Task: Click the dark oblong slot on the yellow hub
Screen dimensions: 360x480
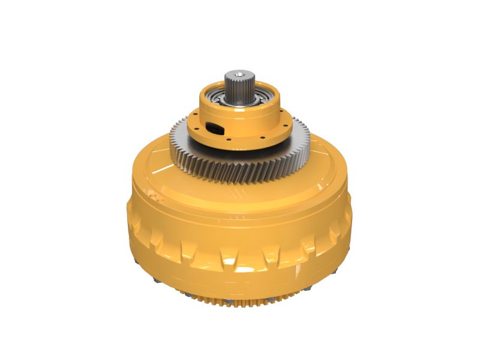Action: pos(212,127)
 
